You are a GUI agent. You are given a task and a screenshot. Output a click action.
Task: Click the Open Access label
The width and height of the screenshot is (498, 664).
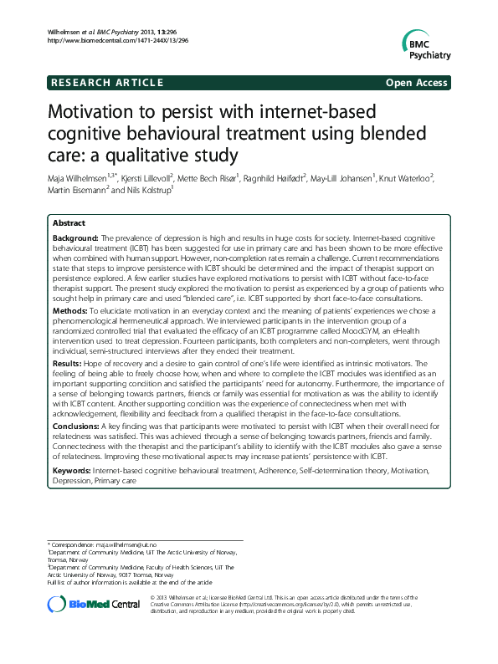pyautogui.click(x=417, y=83)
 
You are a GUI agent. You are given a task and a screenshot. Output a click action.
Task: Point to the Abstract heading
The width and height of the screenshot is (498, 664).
pyautogui.click(x=69, y=224)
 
